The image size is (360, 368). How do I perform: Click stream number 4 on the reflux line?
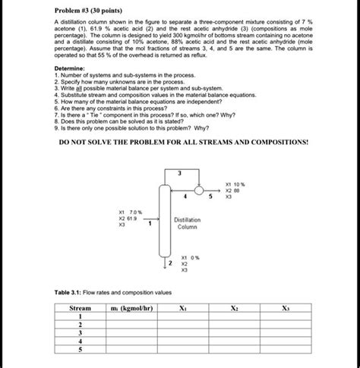(184, 198)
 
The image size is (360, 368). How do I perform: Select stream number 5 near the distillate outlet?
(210, 198)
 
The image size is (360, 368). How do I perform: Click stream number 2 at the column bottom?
(170, 263)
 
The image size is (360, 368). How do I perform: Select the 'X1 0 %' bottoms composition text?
(190, 258)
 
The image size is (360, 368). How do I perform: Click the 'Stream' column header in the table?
(80, 309)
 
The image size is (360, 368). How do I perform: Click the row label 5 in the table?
(80, 351)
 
